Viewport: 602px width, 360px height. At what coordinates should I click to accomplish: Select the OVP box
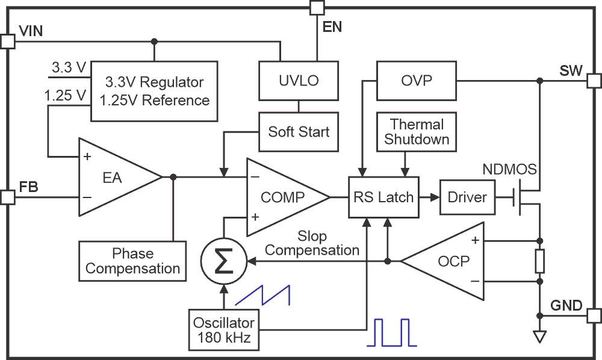416,80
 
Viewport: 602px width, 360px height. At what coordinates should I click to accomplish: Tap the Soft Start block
299,131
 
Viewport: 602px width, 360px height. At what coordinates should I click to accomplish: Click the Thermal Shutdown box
417,132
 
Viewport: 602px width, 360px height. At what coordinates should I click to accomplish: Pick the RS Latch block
383,197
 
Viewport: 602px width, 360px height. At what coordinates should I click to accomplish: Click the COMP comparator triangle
281,197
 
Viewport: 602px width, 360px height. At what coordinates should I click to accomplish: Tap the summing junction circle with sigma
223,261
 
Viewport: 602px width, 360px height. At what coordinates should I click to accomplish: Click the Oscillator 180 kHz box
223,329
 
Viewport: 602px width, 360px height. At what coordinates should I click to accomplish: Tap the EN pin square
317,7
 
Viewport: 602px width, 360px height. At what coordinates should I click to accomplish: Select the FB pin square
7,197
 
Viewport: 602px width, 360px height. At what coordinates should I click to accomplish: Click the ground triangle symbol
539,336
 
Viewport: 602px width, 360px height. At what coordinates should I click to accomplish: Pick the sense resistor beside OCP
539,261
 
